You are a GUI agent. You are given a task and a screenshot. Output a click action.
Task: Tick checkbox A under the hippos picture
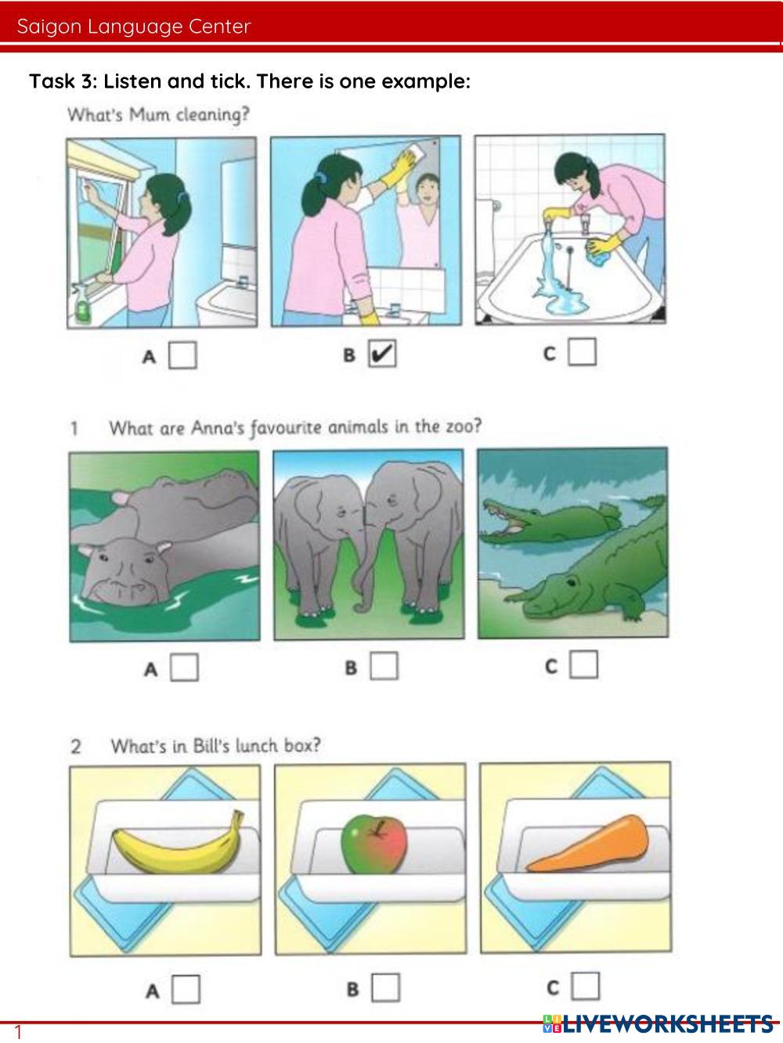184,667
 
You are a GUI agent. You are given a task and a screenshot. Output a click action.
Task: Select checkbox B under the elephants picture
384,666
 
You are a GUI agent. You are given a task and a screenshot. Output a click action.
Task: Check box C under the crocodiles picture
584,664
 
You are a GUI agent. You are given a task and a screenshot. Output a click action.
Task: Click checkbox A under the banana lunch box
186,989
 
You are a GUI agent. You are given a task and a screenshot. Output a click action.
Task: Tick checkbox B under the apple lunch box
385,987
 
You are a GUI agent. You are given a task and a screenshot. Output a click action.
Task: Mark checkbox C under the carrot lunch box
586,986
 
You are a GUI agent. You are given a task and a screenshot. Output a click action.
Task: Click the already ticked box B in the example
382,354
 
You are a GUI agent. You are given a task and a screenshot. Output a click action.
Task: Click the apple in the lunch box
374,844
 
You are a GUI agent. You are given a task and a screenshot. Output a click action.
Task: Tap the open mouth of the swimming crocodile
504,522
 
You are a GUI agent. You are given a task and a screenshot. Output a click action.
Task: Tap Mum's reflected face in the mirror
428,189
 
